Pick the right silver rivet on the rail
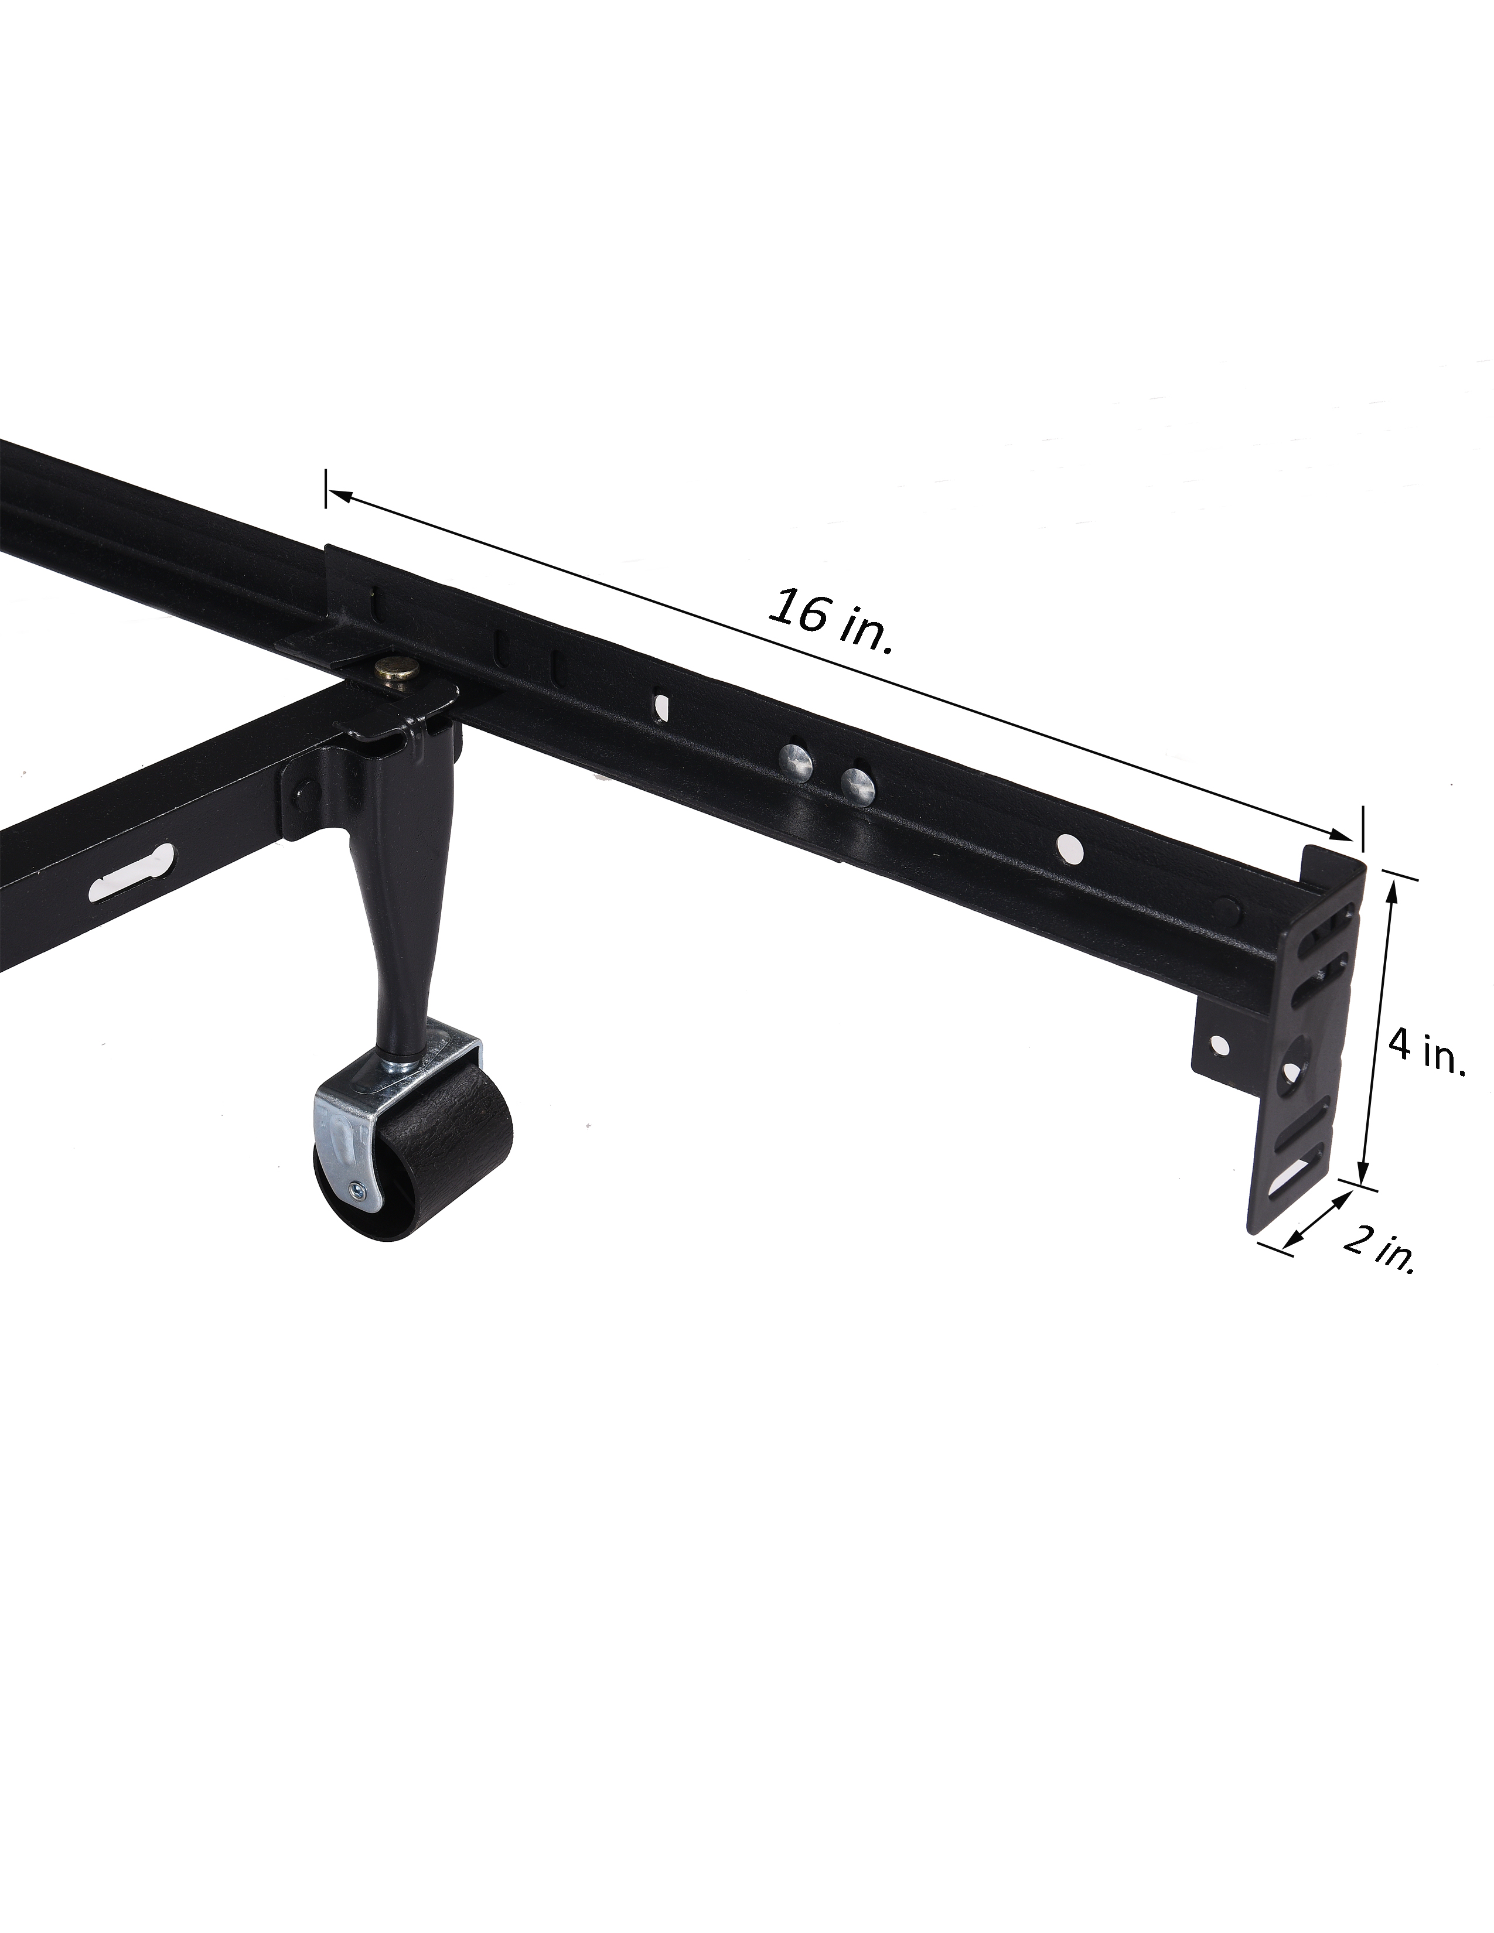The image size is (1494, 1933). click(857, 783)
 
